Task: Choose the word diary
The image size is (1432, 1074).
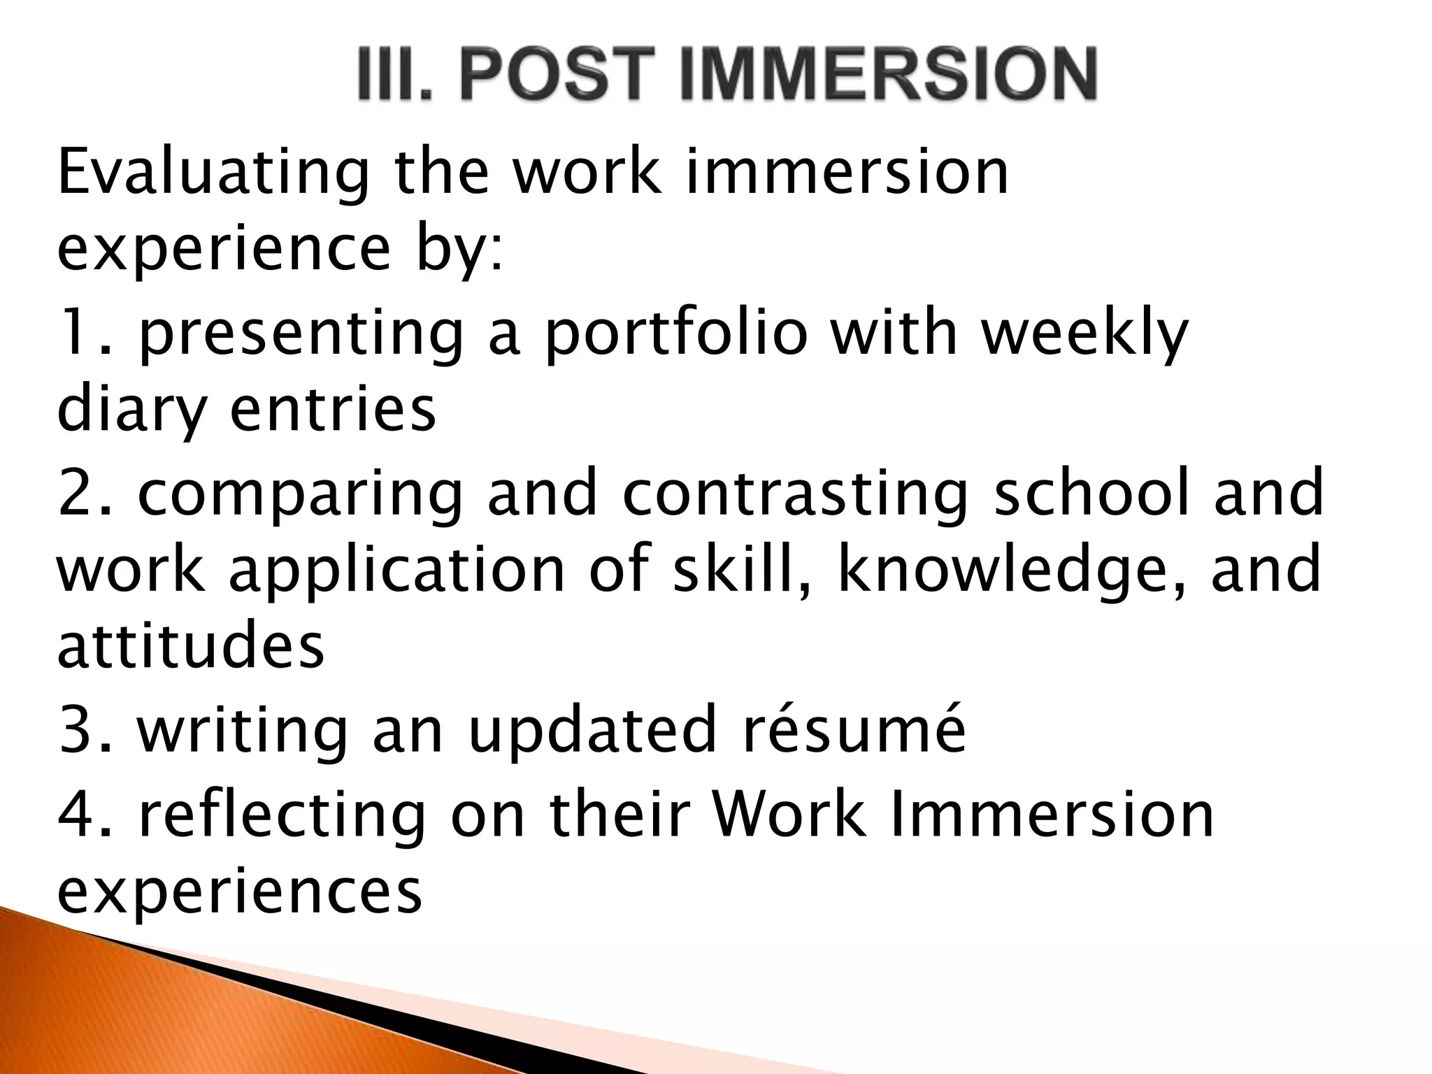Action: [131, 411]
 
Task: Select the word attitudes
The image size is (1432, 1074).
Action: [190, 647]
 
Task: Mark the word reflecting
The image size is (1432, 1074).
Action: [282, 817]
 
